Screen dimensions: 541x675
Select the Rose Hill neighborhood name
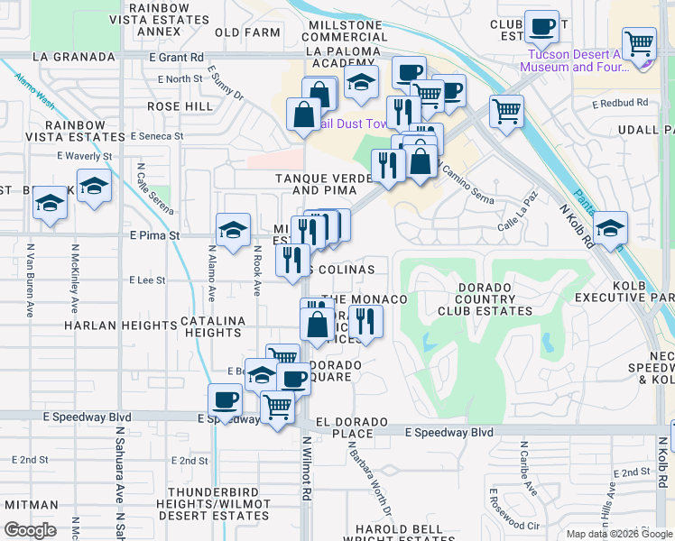click(x=180, y=106)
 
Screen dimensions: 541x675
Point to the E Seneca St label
click(x=156, y=136)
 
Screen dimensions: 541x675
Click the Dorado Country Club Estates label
click(x=485, y=298)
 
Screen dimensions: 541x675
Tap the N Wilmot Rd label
click(x=306, y=469)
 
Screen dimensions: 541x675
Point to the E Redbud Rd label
click(x=621, y=104)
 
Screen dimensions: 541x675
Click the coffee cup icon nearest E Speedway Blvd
click(x=225, y=399)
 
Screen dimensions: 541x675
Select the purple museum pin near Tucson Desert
click(x=643, y=61)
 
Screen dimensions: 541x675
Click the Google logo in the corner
click(x=30, y=530)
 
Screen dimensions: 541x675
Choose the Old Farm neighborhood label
click(x=247, y=32)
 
